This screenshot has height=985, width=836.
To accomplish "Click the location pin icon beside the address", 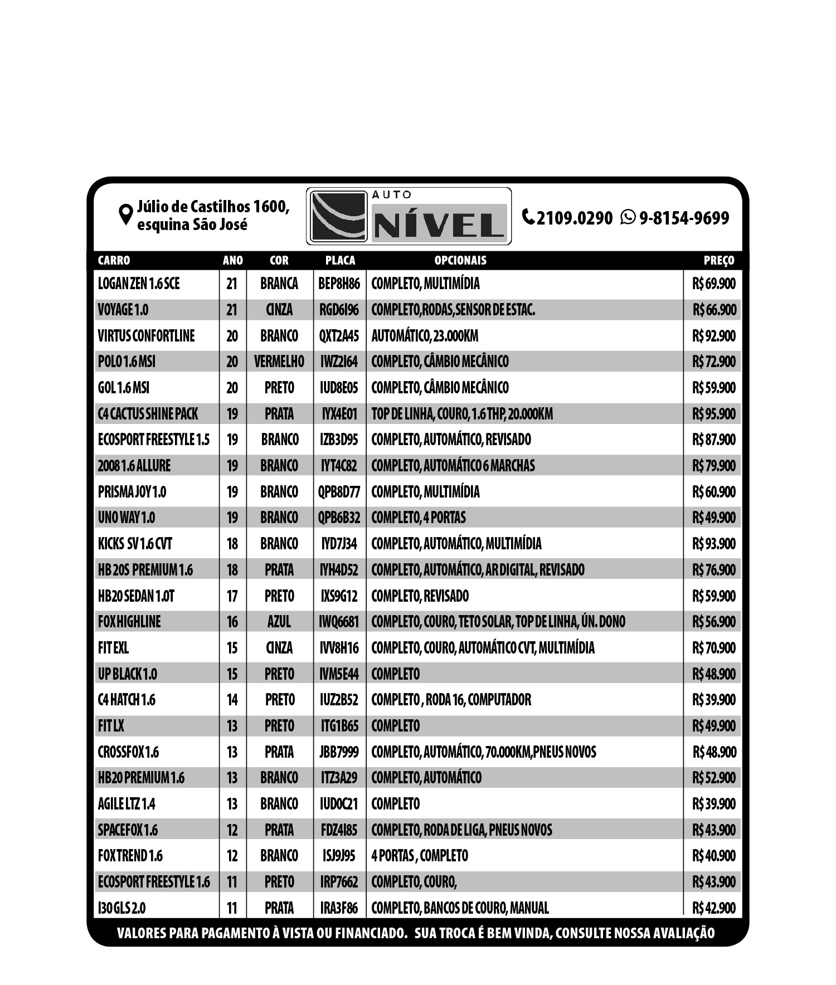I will pyautogui.click(x=126, y=214).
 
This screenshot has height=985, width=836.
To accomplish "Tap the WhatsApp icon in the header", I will pyautogui.click(x=628, y=217).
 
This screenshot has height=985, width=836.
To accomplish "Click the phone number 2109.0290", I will pyautogui.click(x=574, y=218).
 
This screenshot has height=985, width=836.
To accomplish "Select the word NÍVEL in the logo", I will pyautogui.click(x=439, y=225).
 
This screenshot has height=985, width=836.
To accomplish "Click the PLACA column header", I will pyautogui.click(x=340, y=260).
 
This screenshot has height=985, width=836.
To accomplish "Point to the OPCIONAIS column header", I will pyautogui.click(x=460, y=260).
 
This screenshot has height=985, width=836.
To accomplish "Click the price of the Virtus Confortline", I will pyautogui.click(x=714, y=336).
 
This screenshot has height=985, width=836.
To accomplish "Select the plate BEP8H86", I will pyautogui.click(x=339, y=284).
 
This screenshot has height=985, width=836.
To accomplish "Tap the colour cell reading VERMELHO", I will pyautogui.click(x=279, y=362).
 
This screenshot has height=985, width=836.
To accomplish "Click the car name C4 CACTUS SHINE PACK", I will pyautogui.click(x=148, y=414).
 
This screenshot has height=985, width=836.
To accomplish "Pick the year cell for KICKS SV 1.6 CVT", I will pyautogui.click(x=232, y=544).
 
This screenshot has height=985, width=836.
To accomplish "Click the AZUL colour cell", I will pyautogui.click(x=279, y=622).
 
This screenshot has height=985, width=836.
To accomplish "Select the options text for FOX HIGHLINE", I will pyautogui.click(x=498, y=622).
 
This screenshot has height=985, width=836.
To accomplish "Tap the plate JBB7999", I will pyautogui.click(x=339, y=752).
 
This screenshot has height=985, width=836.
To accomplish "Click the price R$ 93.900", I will pyautogui.click(x=714, y=544).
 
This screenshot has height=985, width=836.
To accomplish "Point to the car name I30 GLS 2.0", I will pyautogui.click(x=121, y=908).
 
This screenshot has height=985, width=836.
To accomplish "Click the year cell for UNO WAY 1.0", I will pyautogui.click(x=232, y=518).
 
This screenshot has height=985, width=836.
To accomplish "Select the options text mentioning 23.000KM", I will pyautogui.click(x=425, y=336).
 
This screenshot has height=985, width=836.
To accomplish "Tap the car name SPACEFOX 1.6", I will pyautogui.click(x=128, y=830).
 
